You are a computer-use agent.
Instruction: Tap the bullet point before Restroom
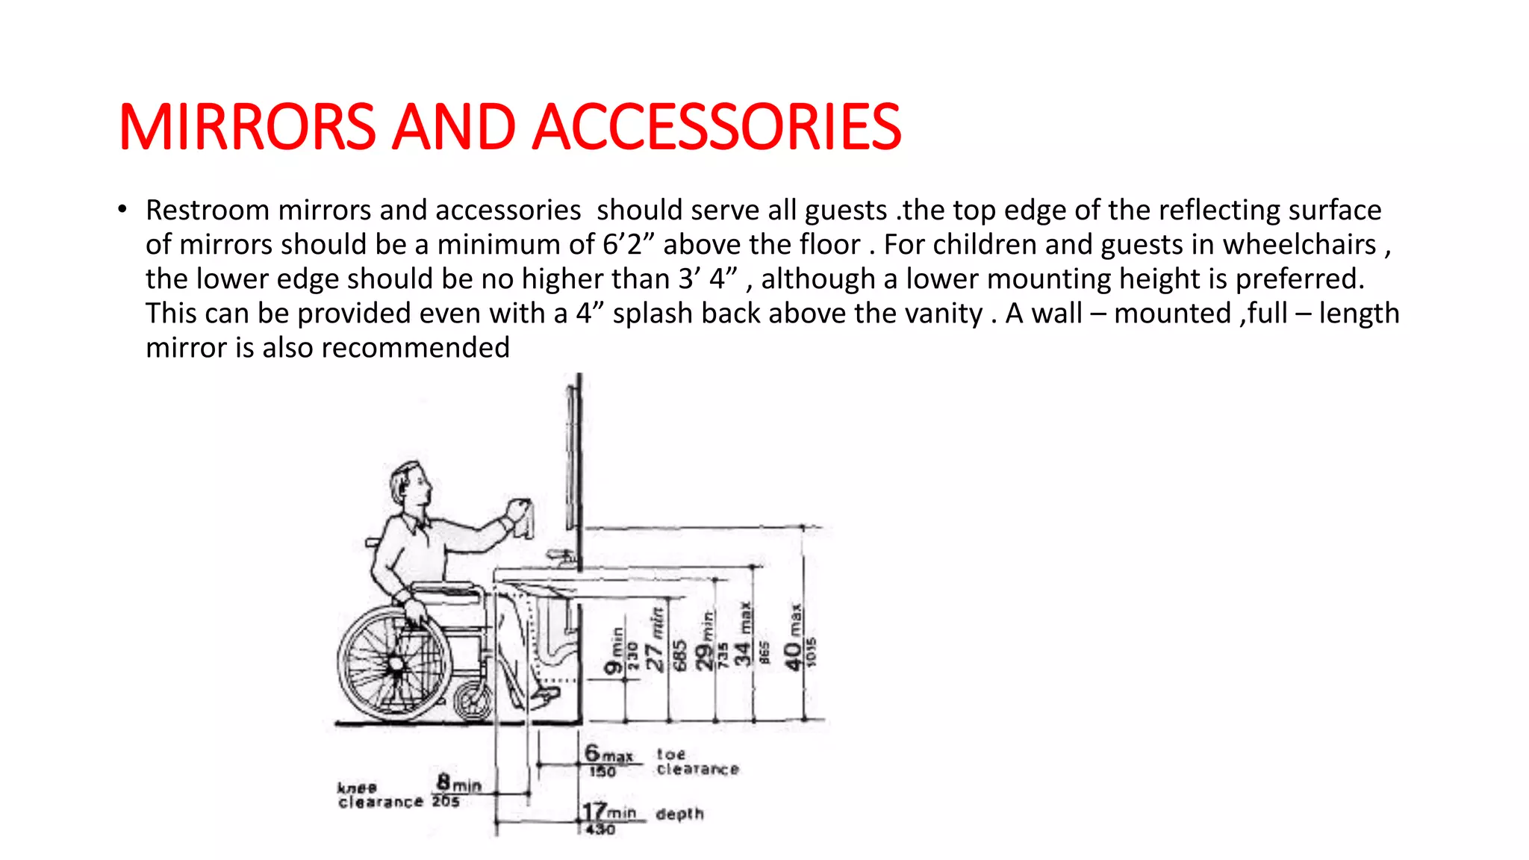[122, 210]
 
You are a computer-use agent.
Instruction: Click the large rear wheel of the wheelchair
[394, 663]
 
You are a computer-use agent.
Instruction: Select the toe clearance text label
[697, 761]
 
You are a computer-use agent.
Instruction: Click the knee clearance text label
[379, 796]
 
